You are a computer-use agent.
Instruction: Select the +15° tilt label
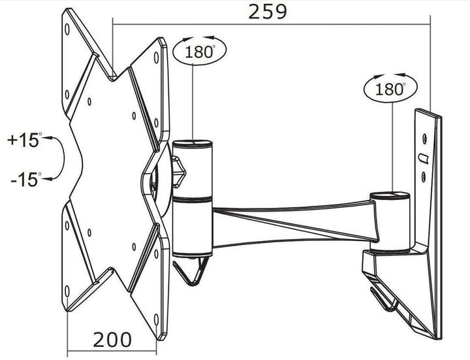(24, 139)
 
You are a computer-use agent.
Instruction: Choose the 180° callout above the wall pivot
(390, 90)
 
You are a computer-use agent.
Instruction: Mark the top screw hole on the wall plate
(425, 139)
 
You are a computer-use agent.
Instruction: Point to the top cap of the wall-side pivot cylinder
(389, 194)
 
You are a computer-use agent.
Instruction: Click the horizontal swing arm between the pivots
(294, 219)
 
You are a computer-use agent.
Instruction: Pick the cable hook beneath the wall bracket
(385, 297)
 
